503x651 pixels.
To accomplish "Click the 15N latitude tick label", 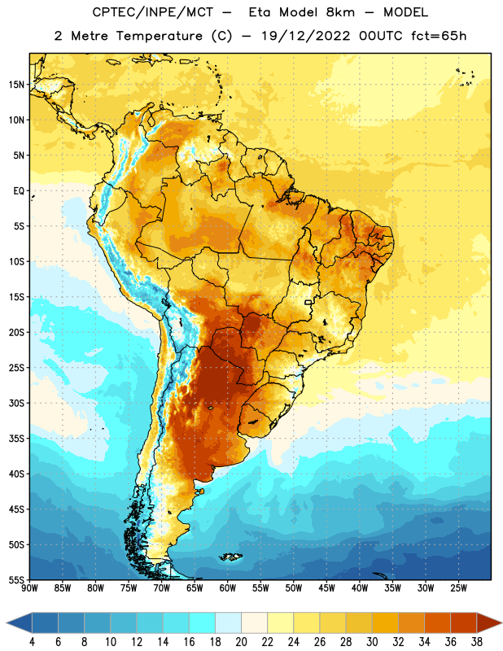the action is click(16, 85).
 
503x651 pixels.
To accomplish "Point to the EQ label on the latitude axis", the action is click(19, 191).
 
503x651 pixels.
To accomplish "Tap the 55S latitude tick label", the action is click(16, 580).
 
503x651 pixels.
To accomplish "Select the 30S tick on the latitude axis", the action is click(16, 403).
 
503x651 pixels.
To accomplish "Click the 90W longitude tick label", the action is click(29, 588).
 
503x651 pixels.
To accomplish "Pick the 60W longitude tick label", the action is click(228, 588).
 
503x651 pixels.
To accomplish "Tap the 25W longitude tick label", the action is click(458, 588).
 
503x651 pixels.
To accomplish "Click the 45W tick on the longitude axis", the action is click(326, 588).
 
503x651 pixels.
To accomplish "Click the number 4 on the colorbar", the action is click(32, 642).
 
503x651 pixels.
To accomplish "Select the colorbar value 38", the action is click(477, 642).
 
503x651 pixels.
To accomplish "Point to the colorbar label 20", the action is click(241, 642).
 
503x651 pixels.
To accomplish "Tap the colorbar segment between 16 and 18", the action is click(202, 623).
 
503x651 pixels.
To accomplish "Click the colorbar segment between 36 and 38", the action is click(464, 623).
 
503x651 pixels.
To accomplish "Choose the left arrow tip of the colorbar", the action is click(7, 623).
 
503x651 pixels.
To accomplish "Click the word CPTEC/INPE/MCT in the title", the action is click(153, 12).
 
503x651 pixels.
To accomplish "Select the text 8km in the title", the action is click(340, 12).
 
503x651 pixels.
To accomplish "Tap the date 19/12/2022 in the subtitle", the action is click(306, 36).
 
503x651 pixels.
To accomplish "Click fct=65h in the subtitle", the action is click(439, 36).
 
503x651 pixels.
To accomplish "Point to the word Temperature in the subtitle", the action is click(159, 36).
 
